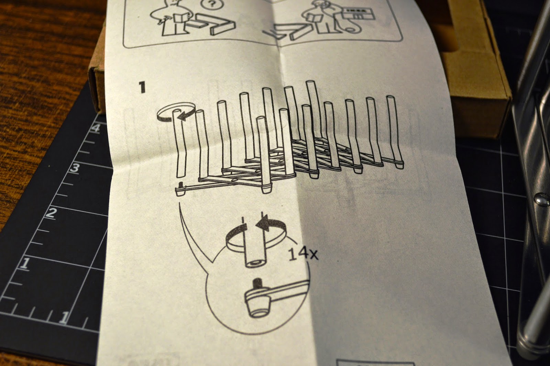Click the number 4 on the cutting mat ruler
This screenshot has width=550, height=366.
pyautogui.click(x=97, y=130)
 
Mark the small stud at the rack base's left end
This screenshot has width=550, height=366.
pyautogui.click(x=180, y=187)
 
